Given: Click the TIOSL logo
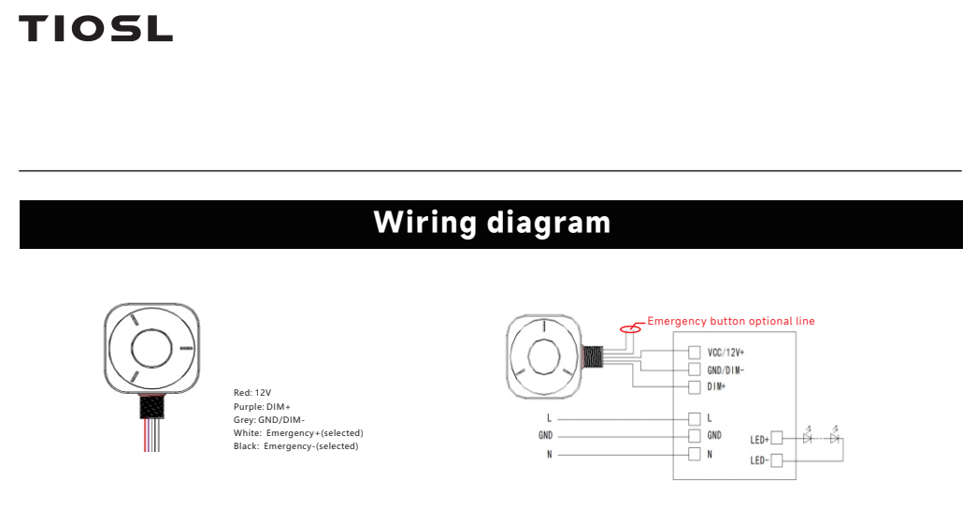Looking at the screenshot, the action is point(95,29).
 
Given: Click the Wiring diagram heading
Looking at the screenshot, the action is point(492,223).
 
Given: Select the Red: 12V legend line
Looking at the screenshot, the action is point(252,393).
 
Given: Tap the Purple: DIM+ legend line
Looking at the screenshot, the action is point(262,407).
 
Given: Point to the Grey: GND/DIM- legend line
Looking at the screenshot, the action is point(269,420).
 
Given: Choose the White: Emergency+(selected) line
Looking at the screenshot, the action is point(298,433).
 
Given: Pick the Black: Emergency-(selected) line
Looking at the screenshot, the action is point(296,446).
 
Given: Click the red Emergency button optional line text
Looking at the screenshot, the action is point(731,321).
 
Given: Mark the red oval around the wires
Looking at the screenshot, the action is point(630,328).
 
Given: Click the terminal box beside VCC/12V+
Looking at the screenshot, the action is point(694,353).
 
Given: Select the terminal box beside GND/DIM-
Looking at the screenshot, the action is point(694,370).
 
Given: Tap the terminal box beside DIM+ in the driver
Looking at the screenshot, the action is point(694,387).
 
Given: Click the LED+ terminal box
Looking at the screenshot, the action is point(776,439).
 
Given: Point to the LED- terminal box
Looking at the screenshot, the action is point(776,460).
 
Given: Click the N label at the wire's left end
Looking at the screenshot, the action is point(549,455).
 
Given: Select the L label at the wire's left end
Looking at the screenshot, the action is point(549,418).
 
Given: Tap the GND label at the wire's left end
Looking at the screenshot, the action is point(545,435).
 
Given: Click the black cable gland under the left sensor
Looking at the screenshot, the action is point(152,408).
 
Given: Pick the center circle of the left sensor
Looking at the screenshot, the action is point(151,348).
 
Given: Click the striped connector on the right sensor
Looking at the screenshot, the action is point(592,356).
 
